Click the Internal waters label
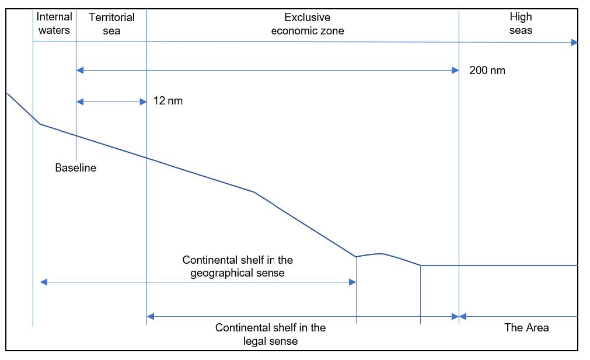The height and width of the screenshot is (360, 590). point(54,24)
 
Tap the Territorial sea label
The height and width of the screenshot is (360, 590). point(111,24)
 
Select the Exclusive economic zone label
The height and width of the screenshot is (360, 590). point(307,24)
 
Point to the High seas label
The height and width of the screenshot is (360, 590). point(521,24)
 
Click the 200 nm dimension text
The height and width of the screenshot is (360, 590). point(487,71)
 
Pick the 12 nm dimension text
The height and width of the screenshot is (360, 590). point(168,101)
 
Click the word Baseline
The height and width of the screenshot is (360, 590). point(76,168)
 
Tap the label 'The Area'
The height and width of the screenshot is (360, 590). point(526,327)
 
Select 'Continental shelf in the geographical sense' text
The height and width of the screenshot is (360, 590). point(238,266)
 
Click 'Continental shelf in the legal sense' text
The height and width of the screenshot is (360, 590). point(270,334)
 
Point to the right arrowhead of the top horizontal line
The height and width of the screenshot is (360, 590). point(574,42)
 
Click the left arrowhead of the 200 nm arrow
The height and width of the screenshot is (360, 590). point(80,71)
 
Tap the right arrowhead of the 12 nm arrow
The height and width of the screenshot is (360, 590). point(143,102)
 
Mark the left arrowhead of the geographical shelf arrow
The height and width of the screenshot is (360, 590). point(43,282)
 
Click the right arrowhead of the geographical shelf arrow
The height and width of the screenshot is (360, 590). point(352,282)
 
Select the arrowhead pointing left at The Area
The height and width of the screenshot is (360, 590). point(463,316)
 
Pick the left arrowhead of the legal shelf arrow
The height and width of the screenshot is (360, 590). point(150,316)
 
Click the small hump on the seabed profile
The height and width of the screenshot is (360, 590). point(380,254)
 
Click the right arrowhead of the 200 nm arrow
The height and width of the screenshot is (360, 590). point(455,71)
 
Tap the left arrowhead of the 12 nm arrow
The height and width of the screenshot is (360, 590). point(80,102)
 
